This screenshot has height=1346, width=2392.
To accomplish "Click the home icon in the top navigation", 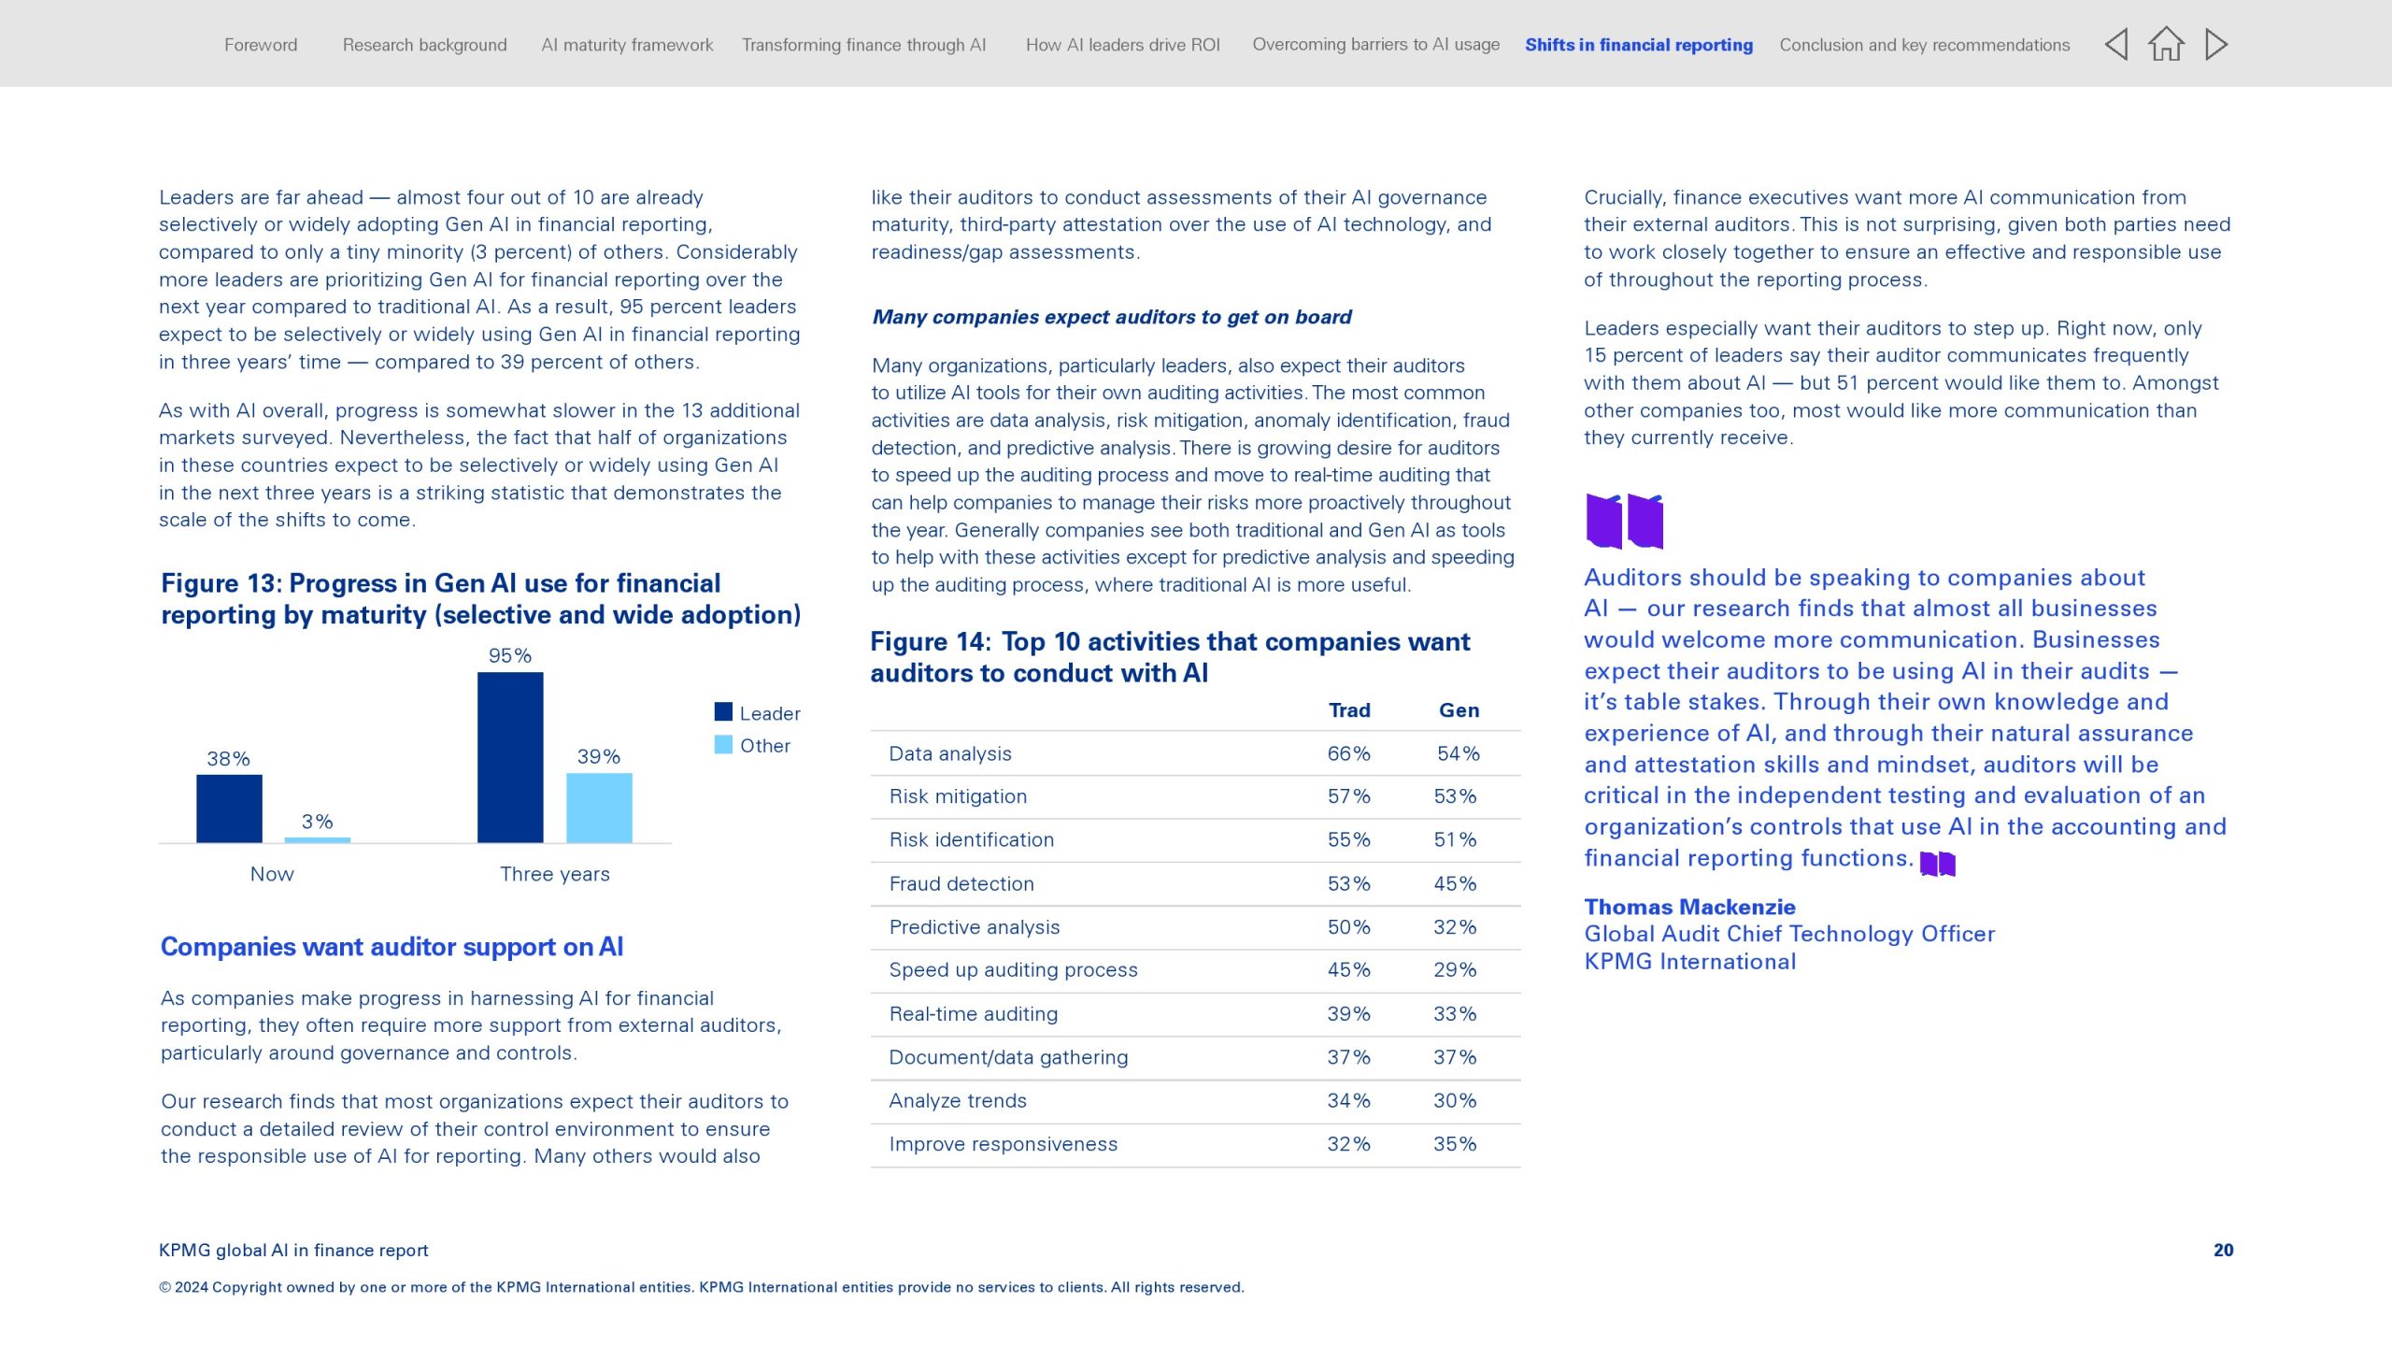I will click(x=2166, y=44).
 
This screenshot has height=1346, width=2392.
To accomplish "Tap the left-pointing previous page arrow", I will click(x=2116, y=44).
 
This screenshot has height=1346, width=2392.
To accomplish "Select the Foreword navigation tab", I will click(x=261, y=45).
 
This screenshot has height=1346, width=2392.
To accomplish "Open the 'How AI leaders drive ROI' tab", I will click(x=1122, y=45).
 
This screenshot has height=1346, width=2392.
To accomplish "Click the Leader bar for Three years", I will click(x=510, y=757).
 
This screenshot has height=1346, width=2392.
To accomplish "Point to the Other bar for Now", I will click(x=318, y=839).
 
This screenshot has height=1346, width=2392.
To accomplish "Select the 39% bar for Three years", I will click(x=599, y=808).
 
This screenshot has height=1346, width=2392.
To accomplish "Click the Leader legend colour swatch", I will click(x=723, y=712).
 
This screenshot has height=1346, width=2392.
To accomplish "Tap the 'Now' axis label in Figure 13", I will click(x=272, y=874).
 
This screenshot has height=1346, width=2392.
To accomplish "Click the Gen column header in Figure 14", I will click(x=1459, y=710).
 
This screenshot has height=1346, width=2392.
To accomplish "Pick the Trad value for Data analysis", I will click(x=1348, y=753).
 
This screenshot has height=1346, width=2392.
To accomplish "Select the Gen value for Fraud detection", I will click(x=1455, y=883).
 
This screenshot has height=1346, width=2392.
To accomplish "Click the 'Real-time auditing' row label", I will click(x=974, y=1013).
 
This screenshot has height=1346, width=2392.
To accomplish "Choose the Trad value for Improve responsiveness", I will click(x=1348, y=1144).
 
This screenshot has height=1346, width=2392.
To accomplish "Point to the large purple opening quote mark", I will click(x=1624, y=521).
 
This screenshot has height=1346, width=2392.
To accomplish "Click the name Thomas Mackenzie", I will click(x=1689, y=907).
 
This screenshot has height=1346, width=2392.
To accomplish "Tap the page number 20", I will click(x=2223, y=1250).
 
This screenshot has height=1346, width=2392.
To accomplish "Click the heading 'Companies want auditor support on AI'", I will click(x=392, y=947).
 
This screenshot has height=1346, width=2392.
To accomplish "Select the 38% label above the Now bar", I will click(x=228, y=759).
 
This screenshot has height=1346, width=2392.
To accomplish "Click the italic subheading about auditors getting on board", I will click(x=1112, y=317).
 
